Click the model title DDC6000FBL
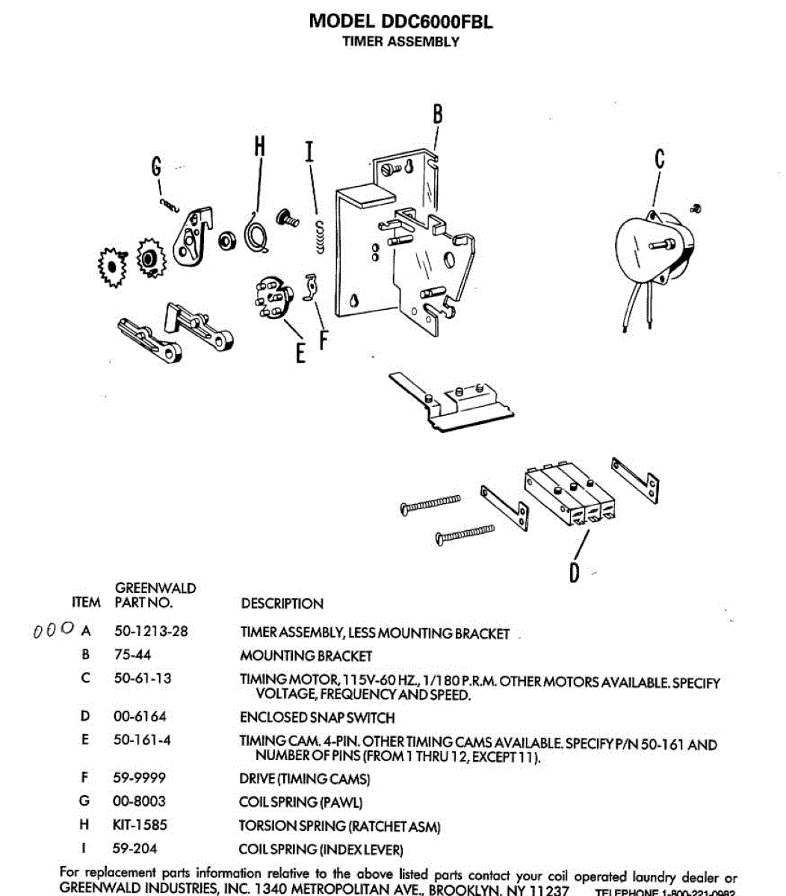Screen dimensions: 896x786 (x=400, y=21)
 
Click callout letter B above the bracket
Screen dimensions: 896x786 (x=437, y=114)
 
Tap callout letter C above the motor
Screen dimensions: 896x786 (x=659, y=159)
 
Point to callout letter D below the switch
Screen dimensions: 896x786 (x=574, y=573)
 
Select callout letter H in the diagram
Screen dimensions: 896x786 (x=259, y=146)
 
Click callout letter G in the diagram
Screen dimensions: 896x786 (x=156, y=167)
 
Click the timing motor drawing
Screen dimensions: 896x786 (x=652, y=250)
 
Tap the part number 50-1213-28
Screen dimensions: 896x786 (x=151, y=631)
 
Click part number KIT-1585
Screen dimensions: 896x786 (x=140, y=825)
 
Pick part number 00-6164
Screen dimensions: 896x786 (x=140, y=716)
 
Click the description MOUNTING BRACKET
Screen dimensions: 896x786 (x=306, y=656)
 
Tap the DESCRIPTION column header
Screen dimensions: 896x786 (x=282, y=603)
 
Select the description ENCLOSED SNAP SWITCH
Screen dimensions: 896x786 (x=317, y=718)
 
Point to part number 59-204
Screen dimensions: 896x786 (x=135, y=849)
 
